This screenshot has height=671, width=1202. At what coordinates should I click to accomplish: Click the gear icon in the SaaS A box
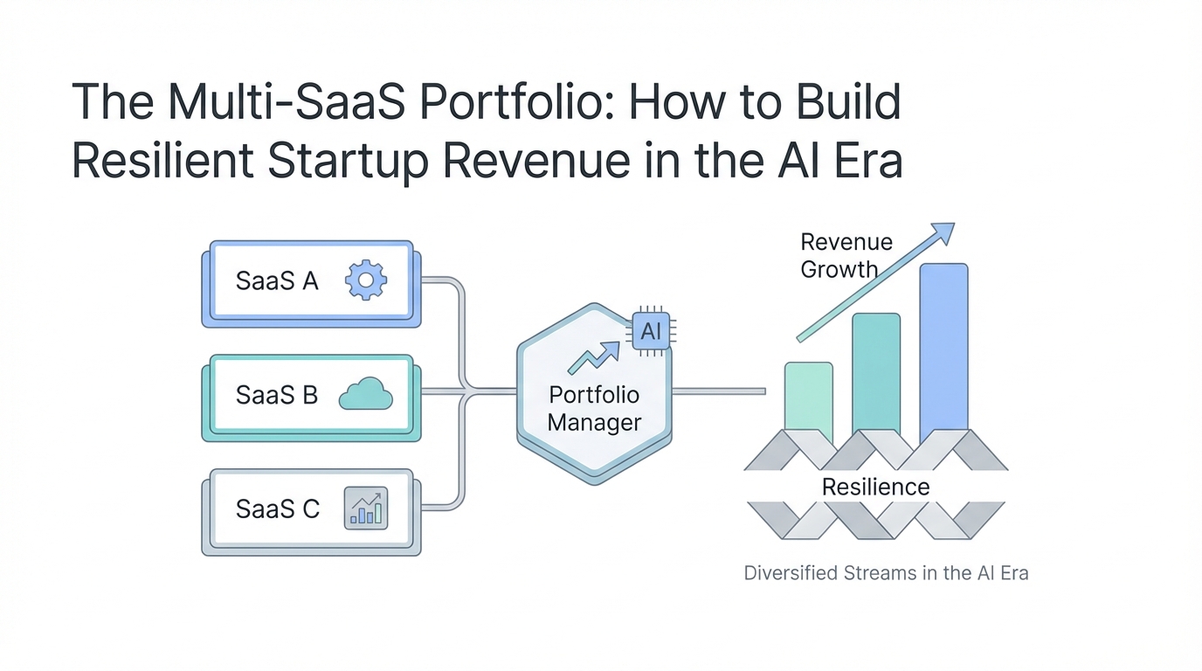(x=365, y=280)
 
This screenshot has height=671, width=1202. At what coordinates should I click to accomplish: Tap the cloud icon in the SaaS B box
(x=365, y=394)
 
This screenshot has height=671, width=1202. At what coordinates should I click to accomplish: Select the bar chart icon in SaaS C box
(x=365, y=508)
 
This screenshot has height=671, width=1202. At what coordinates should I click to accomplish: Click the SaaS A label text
(x=277, y=280)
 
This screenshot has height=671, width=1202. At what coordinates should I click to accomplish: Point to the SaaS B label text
(x=277, y=395)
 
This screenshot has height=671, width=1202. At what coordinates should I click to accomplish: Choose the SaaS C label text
(x=278, y=508)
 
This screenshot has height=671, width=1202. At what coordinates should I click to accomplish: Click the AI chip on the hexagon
(x=651, y=331)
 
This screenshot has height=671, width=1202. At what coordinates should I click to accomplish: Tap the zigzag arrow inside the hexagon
(x=593, y=358)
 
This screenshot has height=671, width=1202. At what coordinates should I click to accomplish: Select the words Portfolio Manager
(x=594, y=409)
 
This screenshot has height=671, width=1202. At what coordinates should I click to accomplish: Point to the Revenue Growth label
(x=846, y=255)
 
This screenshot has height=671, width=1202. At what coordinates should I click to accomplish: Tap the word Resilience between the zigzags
(x=876, y=487)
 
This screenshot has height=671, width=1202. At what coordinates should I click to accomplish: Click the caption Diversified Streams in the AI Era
(x=886, y=573)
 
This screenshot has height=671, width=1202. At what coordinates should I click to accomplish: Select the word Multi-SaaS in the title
(x=286, y=102)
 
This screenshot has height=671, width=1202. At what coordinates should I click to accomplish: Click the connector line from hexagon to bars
(x=719, y=391)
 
